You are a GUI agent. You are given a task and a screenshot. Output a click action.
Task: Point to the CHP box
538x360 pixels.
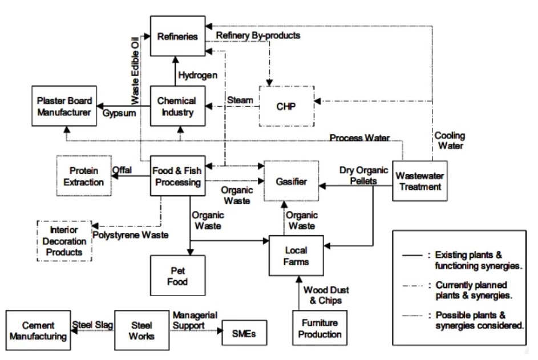(286, 106)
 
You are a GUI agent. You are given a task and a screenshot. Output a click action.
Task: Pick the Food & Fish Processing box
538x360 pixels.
(177, 176)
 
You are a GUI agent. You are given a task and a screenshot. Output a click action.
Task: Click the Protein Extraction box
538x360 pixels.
(84, 176)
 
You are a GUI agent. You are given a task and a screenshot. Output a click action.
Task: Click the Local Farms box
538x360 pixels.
(296, 256)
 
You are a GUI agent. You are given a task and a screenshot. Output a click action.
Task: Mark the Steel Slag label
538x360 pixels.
(91, 326)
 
